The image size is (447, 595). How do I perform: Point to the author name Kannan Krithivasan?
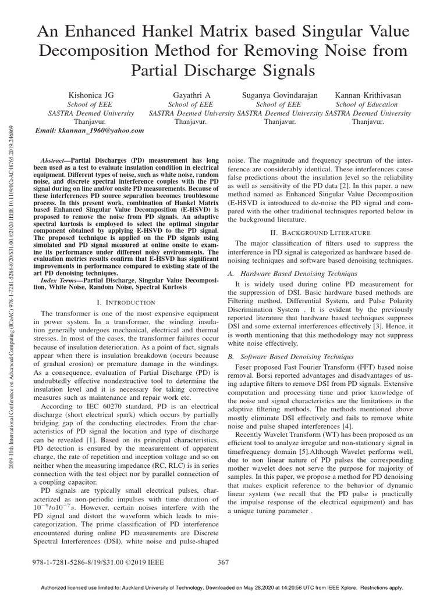(368, 95)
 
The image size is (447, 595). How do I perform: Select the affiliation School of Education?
(367, 105)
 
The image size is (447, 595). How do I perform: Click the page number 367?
(223, 562)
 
